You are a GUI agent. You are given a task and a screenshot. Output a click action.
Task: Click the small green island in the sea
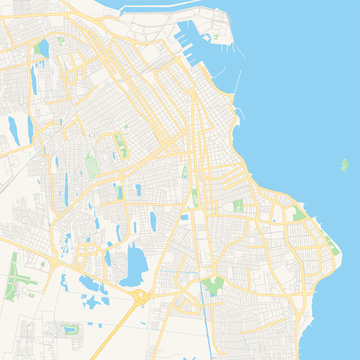pyautogui.click(x=344, y=163)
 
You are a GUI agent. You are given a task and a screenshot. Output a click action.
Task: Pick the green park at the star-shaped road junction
pyautogui.click(x=211, y=284)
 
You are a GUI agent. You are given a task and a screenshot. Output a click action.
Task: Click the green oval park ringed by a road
pyautogui.click(x=70, y=327)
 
